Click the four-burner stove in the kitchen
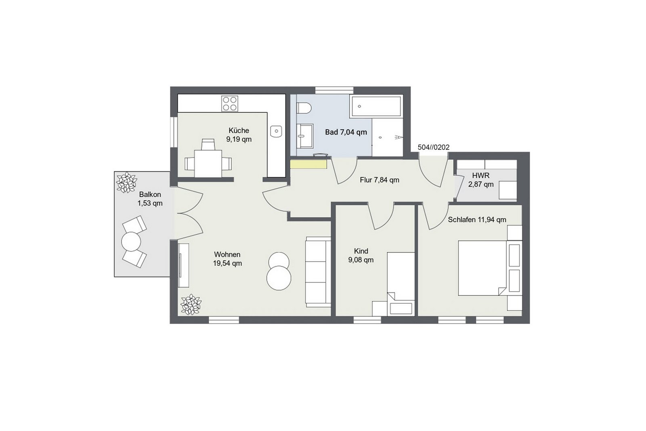click(x=230, y=104)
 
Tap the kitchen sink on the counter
click(x=276, y=132)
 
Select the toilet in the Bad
click(x=304, y=109)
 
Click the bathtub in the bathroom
click(x=376, y=107)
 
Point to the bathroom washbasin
click(x=305, y=136)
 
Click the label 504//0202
click(x=434, y=147)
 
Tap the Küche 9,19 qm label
click(x=239, y=135)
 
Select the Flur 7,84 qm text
click(x=380, y=180)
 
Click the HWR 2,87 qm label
click(x=481, y=180)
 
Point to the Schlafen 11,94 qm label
click(x=477, y=220)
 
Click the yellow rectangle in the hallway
click(x=308, y=164)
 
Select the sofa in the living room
click(x=318, y=272)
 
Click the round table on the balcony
click(x=131, y=242)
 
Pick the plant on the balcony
click(x=126, y=182)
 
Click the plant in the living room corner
click(x=191, y=304)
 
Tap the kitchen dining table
click(x=208, y=164)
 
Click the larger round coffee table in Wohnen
click(x=279, y=278)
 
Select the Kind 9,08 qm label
click(x=361, y=256)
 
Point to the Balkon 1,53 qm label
click(x=150, y=199)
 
